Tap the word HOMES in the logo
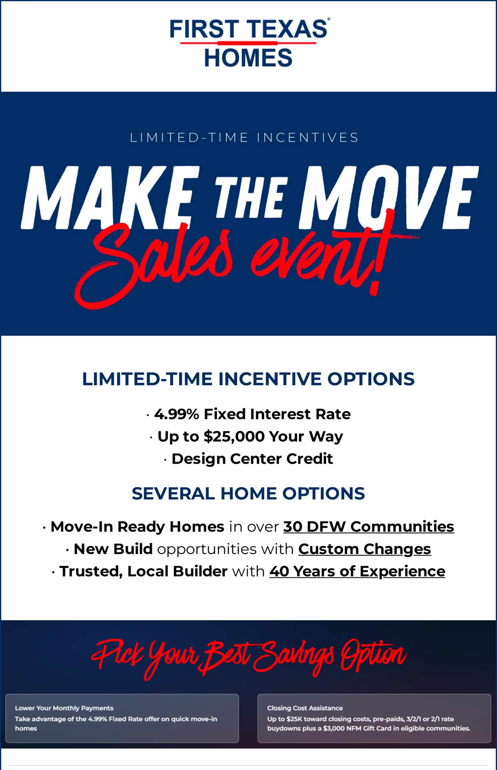pyautogui.click(x=248, y=58)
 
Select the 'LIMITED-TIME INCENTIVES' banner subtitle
pyautogui.click(x=244, y=137)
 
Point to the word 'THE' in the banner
pyautogui.click(x=251, y=197)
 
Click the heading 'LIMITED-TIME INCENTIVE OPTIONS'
pyautogui.click(x=248, y=378)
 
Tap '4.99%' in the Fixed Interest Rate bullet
pyautogui.click(x=176, y=414)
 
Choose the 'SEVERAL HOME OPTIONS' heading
pyautogui.click(x=248, y=493)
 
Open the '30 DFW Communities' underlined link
pyautogui.click(x=369, y=527)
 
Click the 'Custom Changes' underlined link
pyautogui.click(x=364, y=549)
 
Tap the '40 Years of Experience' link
pyautogui.click(x=357, y=571)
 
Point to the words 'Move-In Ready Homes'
pyautogui.click(x=137, y=527)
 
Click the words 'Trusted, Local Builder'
pyautogui.click(x=143, y=571)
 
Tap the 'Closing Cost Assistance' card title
pyautogui.click(x=305, y=708)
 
